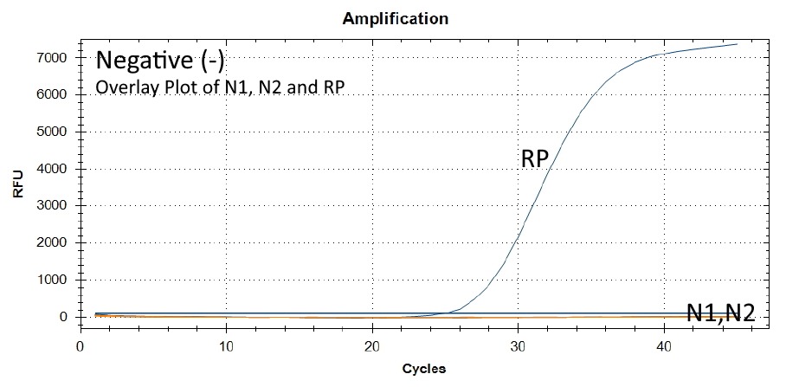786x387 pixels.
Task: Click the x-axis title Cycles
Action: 424,369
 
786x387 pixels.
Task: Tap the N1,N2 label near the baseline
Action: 720,313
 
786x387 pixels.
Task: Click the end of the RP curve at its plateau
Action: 737,44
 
